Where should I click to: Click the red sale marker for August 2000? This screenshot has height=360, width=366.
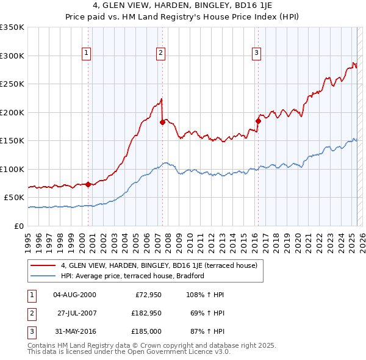click(88, 184)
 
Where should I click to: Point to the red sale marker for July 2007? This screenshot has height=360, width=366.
click(162, 122)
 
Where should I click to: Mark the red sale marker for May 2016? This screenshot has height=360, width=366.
click(258, 121)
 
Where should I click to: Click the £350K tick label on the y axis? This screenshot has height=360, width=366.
click(12, 27)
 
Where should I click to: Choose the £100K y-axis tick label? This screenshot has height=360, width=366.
click(12, 169)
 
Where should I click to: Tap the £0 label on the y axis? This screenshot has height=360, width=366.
click(20, 226)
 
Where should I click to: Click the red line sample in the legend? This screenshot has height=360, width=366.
click(43, 265)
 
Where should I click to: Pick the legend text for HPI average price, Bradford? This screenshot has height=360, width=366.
click(132, 276)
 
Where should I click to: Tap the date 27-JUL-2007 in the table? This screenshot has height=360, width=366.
click(77, 313)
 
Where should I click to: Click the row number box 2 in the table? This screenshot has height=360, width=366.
click(30, 313)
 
